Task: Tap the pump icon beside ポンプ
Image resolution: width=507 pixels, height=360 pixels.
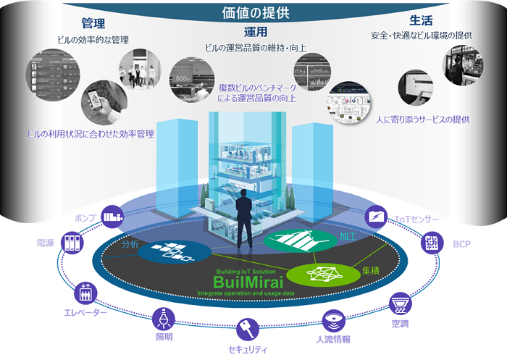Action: click(112, 216)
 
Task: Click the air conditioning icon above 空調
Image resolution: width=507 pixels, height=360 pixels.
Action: click(399, 300)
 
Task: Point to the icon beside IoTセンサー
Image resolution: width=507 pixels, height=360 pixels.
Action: click(377, 216)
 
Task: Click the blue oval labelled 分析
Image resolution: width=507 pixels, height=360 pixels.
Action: click(165, 251)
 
